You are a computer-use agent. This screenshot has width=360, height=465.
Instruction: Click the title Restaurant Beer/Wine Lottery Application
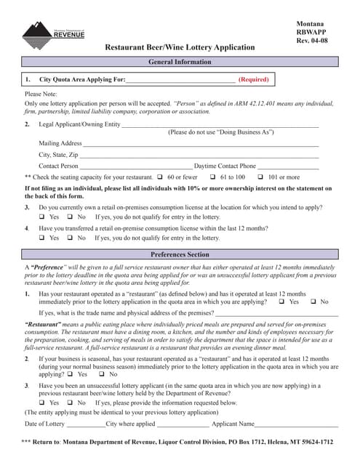pyautogui.click(x=180, y=47)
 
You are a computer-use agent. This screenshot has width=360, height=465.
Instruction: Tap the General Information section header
pyautogui.click(x=179, y=62)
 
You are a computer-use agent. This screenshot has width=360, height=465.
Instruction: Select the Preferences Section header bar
pyautogui.click(x=179, y=255)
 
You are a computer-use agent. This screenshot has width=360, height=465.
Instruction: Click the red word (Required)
pyautogui.click(x=253, y=79)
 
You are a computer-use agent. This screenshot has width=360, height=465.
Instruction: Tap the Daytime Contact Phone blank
pyautogui.click(x=288, y=166)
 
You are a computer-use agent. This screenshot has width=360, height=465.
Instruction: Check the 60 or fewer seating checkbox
pyautogui.click(x=159, y=177)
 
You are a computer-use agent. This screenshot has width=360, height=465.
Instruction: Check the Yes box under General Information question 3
pyautogui.click(x=41, y=217)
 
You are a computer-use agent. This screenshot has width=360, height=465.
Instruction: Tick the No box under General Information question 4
pyautogui.click(x=70, y=238)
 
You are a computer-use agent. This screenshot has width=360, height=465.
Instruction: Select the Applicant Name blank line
pyautogui.click(x=297, y=424)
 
